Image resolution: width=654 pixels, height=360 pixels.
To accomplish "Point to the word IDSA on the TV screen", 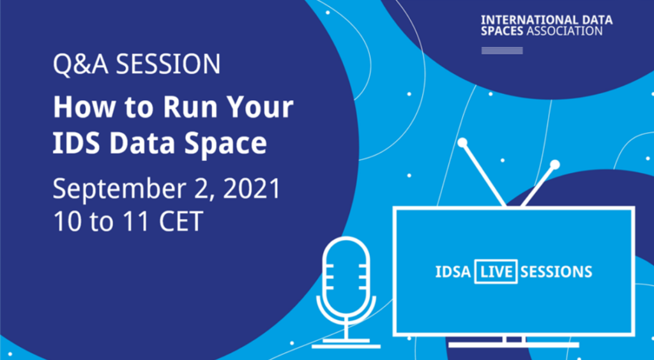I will click(453, 272).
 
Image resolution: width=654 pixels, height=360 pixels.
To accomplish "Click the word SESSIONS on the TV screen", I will click(556, 272).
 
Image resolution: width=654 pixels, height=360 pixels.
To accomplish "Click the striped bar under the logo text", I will click(502, 50).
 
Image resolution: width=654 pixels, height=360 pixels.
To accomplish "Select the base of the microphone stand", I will click(346, 345).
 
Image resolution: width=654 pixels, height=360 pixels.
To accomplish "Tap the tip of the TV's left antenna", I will click(462, 142).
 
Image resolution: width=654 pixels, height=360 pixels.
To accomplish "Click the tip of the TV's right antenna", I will click(554, 165).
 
